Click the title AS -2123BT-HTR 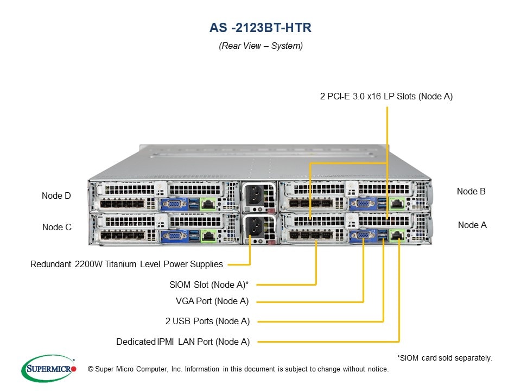260,28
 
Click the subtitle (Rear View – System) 260,46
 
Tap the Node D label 56,195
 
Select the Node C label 57,227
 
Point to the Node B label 471,191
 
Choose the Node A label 472,225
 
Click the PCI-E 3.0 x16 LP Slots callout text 386,97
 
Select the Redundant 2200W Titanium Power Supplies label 126,264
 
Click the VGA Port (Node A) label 213,301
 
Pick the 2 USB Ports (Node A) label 207,321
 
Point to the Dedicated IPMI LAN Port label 183,342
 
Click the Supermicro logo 48,369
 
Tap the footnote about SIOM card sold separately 445,358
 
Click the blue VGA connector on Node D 173,204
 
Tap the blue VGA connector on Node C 173,236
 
